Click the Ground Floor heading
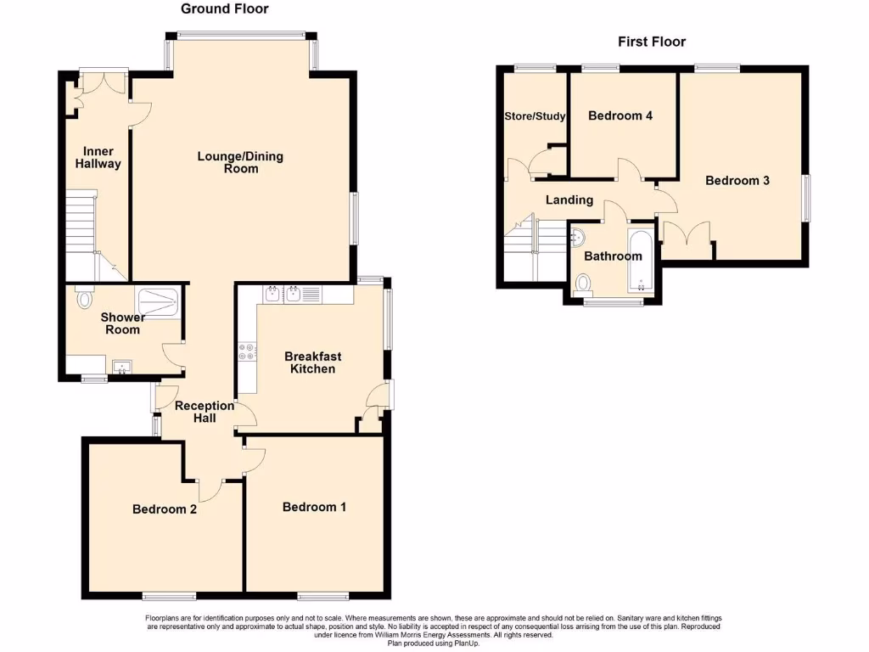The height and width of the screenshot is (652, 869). pyautogui.click(x=225, y=9)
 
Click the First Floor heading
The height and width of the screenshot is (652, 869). pyautogui.click(x=651, y=42)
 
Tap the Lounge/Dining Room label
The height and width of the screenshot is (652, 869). pyautogui.click(x=240, y=162)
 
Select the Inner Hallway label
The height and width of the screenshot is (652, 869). pyautogui.click(x=98, y=158)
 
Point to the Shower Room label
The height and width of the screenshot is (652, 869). pyautogui.click(x=123, y=323)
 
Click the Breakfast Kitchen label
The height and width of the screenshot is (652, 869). pyautogui.click(x=313, y=363)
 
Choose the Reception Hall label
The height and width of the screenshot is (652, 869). pyautogui.click(x=205, y=412)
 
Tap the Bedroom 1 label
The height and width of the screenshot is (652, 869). pyautogui.click(x=314, y=507)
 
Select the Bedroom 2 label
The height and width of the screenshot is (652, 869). pyautogui.click(x=165, y=509)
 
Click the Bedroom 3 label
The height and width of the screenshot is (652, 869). pyautogui.click(x=737, y=180)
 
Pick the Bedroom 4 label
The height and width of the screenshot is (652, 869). pyautogui.click(x=620, y=115)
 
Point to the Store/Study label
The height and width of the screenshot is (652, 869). pyautogui.click(x=535, y=116)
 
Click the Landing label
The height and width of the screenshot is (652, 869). pyautogui.click(x=569, y=200)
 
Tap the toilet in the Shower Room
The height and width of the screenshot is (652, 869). pyautogui.click(x=83, y=298)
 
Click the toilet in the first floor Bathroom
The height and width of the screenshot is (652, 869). pyautogui.click(x=584, y=282)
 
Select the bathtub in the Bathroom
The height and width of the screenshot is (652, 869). pyautogui.click(x=639, y=259)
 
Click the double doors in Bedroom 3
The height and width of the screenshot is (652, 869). pyautogui.click(x=687, y=233)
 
